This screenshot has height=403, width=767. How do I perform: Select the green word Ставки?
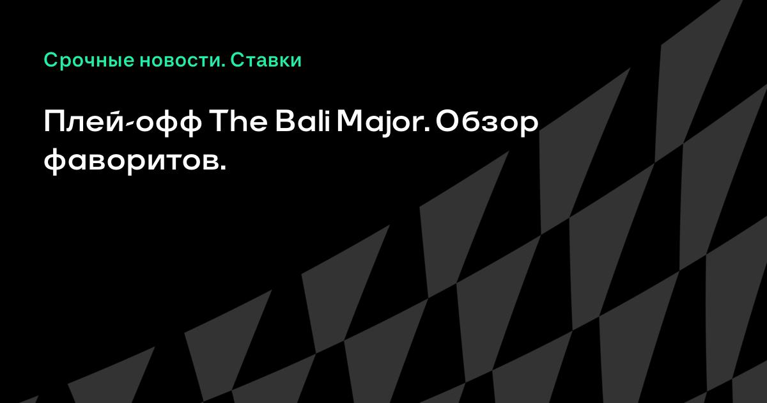(266, 60)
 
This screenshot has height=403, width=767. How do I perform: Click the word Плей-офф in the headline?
(123, 122)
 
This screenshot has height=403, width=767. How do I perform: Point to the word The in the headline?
(238, 122)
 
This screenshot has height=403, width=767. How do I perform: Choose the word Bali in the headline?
(303, 122)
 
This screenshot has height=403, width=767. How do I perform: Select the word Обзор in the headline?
(487, 123)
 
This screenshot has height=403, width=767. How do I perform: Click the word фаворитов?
(135, 161)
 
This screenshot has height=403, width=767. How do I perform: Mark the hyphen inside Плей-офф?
(130, 126)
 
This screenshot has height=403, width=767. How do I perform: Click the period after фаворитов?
(222, 168)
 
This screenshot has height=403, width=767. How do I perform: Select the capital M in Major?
(348, 122)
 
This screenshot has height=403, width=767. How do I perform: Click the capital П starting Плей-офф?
(54, 122)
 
